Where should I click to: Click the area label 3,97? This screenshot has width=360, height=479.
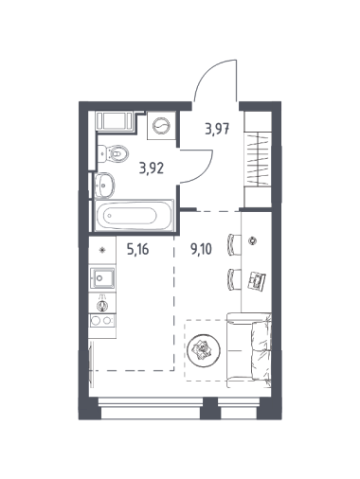217,129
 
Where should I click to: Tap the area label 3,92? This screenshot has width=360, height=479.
152,169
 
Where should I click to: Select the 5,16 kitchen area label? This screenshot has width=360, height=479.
137,250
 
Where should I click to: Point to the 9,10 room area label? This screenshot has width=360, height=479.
201,249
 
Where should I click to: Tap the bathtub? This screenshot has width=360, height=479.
135,216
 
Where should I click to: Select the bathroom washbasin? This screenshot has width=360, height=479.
104,185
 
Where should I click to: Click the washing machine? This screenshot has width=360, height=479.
162,126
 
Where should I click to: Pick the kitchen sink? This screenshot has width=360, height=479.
102,278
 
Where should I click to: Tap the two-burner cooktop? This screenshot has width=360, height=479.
102,321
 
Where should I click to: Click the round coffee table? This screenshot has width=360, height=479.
204,349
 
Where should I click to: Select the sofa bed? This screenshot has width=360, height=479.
249,350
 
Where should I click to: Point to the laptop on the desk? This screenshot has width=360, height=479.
257,280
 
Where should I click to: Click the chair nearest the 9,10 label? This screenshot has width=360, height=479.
234,244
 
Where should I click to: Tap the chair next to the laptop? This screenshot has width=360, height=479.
234,279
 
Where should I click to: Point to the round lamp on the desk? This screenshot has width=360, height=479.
252,241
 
